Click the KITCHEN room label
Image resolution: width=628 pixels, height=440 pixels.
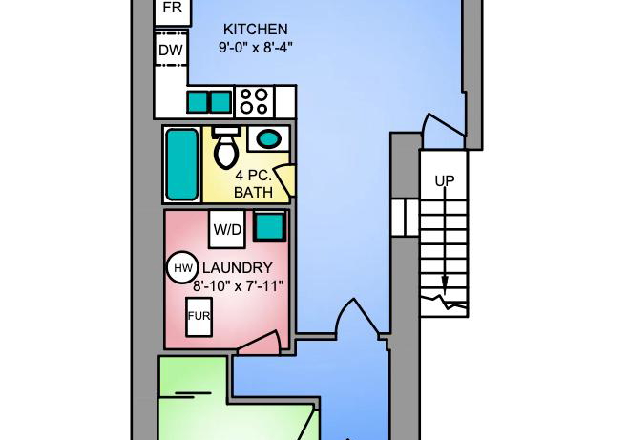255,30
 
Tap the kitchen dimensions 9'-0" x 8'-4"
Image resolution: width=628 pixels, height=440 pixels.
255,48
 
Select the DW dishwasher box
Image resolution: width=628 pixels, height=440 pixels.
171,50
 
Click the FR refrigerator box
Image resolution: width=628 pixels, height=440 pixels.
173,9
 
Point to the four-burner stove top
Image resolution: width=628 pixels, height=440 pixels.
254,101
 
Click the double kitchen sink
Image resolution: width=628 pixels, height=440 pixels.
209,102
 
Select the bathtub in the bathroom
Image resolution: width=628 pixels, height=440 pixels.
182,164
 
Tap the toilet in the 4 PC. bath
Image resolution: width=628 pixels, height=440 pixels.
226,147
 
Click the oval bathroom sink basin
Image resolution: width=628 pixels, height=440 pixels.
268,139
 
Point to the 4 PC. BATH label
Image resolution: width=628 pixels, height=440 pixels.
253,184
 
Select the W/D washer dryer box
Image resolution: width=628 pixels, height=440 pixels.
227,229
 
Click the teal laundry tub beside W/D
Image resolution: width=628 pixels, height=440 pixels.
270,226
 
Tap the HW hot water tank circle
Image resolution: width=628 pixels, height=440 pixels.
182,267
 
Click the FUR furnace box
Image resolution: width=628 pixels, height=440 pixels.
199,317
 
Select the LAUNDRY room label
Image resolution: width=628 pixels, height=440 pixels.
237,267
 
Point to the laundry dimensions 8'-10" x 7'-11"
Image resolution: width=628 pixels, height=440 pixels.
238,286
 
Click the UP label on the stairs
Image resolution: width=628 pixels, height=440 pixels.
445,181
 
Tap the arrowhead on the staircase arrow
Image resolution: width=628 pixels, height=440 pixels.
445,284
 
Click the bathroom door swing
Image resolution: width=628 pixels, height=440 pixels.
286,179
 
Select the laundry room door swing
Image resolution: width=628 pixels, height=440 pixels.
259,344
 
